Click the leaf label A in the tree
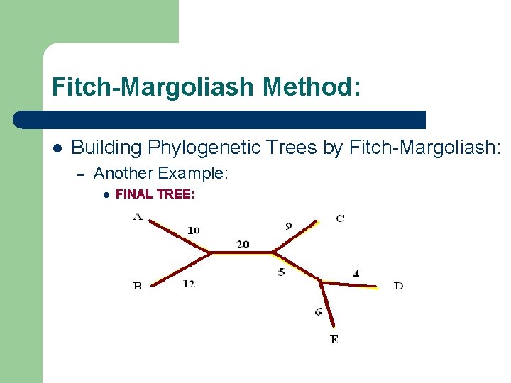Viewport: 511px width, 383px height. click(x=138, y=216)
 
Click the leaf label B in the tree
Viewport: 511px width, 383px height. click(x=138, y=286)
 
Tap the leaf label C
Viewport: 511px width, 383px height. click(x=340, y=218)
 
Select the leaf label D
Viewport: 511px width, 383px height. click(x=398, y=286)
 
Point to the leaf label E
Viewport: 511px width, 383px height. click(x=334, y=340)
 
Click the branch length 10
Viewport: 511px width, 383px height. click(x=194, y=230)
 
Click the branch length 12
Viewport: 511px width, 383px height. click(x=188, y=284)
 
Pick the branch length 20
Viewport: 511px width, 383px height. click(x=243, y=244)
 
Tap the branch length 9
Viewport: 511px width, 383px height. click(x=288, y=226)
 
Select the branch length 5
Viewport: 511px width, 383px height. click(x=281, y=271)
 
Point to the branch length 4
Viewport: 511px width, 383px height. click(x=356, y=274)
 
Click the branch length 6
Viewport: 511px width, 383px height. click(x=318, y=311)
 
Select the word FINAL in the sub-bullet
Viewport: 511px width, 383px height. click(x=133, y=194)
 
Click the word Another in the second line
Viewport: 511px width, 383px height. click(x=123, y=173)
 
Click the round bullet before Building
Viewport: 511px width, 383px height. click(x=57, y=148)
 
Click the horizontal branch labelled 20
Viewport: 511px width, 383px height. click(x=243, y=252)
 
